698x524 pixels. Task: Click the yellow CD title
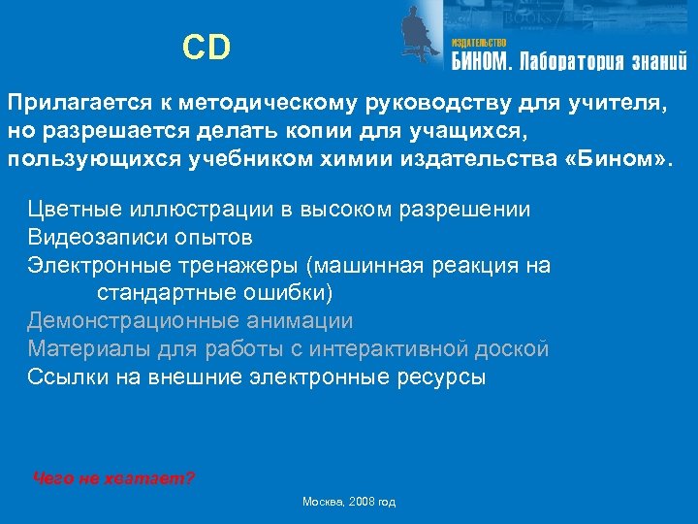[206, 48]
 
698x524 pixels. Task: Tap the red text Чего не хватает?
[113, 478]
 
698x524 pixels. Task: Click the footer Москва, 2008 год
[349, 502]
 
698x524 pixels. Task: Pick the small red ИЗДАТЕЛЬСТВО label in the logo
[479, 43]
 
